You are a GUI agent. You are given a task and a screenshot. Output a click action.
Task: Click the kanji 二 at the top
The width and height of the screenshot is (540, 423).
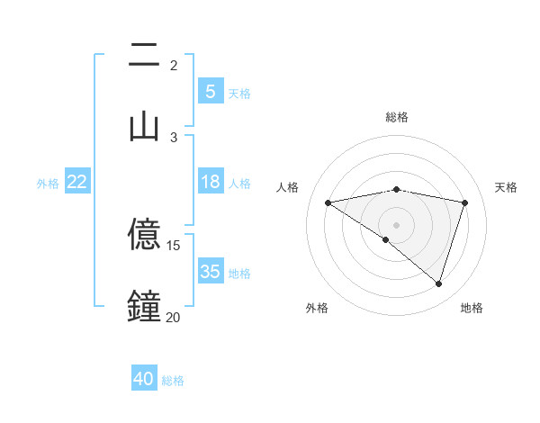tap(144, 57)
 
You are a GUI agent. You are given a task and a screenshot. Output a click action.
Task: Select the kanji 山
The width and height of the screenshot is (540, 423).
tap(144, 127)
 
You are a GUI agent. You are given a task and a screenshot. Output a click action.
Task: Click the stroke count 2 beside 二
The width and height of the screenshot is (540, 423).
tap(173, 66)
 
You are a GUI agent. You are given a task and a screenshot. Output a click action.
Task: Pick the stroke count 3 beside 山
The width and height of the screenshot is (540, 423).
tap(173, 137)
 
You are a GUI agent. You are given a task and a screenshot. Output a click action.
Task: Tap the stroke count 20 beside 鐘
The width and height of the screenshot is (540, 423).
tap(173, 317)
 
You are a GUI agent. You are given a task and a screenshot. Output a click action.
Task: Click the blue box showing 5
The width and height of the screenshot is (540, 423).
tap(210, 91)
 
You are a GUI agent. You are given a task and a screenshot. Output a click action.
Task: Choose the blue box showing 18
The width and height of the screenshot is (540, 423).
tap(210, 182)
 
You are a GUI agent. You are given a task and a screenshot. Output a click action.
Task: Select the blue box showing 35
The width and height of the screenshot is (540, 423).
tap(210, 272)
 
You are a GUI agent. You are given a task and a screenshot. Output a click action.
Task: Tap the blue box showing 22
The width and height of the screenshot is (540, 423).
tap(76, 182)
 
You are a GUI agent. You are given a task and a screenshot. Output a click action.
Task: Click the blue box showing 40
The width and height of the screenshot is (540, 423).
tap(144, 379)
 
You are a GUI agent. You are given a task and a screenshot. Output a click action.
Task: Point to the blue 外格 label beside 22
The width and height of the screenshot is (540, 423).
tap(48, 184)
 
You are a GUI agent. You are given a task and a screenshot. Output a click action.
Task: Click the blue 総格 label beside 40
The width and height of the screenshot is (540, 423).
tap(173, 381)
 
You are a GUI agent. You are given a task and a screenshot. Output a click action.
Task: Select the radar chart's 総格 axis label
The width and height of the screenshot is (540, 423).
tap(396, 117)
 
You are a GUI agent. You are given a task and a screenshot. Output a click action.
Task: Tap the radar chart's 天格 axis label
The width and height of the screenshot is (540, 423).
tap(506, 187)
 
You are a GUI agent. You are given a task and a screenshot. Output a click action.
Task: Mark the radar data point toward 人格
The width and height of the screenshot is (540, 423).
tap(328, 202)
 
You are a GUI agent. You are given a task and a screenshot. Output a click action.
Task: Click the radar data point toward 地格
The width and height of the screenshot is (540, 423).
tap(438, 283)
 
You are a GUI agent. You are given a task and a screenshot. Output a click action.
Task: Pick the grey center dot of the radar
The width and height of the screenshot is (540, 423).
tap(396, 224)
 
